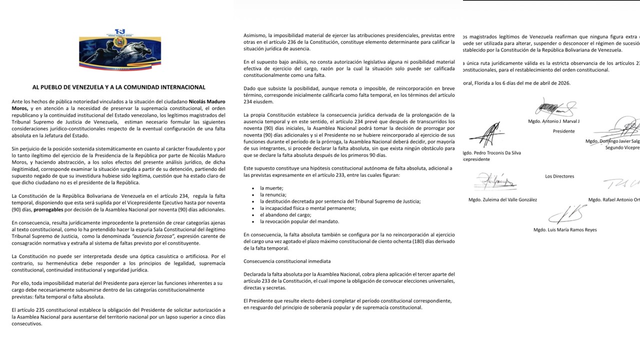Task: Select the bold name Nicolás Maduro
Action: point(206,101)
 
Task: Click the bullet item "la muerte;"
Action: point(271,187)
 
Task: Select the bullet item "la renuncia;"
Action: point(273,194)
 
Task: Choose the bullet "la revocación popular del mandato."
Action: point(299,221)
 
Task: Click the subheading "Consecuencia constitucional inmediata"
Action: point(286,261)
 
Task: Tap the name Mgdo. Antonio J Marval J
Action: point(553,121)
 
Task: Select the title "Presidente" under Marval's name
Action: point(563,131)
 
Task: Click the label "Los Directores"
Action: point(559,176)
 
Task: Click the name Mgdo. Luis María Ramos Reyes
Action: point(564,230)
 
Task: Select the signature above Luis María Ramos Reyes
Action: point(564,214)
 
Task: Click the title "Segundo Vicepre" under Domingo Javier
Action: point(622,148)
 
